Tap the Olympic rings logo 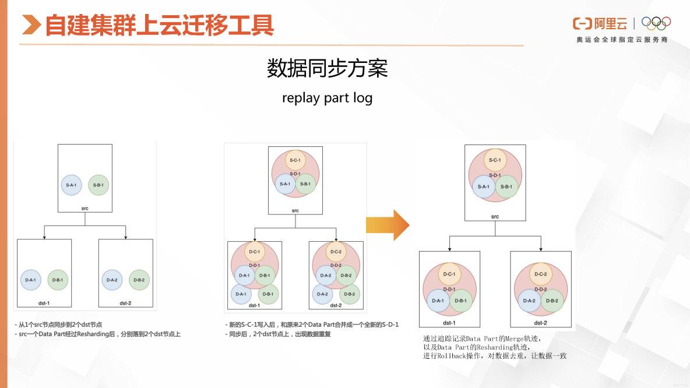click(656, 23)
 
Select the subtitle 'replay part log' click(327, 97)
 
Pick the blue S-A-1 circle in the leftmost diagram click(72, 185)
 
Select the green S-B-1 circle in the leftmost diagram click(99, 185)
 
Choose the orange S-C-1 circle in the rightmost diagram click(495, 160)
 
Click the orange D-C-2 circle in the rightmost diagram click(540, 274)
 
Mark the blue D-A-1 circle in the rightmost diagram click(438, 301)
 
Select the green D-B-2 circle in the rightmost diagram click(552, 301)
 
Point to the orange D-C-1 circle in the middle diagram click(254, 252)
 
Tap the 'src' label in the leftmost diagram click(85, 207)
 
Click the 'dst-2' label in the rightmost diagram click(540, 322)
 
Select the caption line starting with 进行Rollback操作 click(495, 355)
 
